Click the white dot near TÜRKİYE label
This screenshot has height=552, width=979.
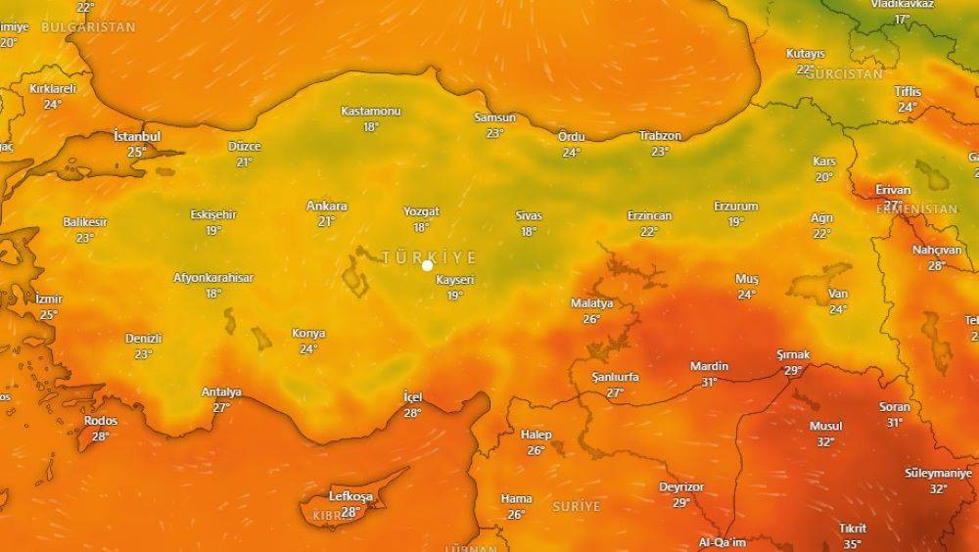[x=428, y=265]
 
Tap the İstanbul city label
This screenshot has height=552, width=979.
[x=137, y=136]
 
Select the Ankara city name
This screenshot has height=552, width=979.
[x=326, y=206]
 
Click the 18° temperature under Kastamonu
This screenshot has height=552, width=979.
[x=370, y=127]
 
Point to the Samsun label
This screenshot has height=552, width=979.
[x=494, y=117]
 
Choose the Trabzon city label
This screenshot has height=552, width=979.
[x=660, y=135]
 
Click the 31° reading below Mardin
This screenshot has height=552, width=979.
[x=709, y=383]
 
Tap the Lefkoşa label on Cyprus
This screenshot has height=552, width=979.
[x=350, y=496]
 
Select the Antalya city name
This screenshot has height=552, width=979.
[x=221, y=391]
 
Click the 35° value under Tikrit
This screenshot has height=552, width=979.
[x=853, y=544]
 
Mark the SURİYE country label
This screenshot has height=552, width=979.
[x=576, y=506]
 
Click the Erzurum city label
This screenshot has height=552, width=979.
[x=736, y=207]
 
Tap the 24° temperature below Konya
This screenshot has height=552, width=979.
[x=308, y=349]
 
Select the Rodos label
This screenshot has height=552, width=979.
[x=101, y=421]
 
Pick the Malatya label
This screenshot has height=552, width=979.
[x=591, y=303]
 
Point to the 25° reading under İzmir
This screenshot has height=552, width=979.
[x=48, y=314]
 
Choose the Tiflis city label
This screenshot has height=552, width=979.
[x=908, y=91]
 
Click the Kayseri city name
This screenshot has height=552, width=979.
[x=455, y=280]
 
